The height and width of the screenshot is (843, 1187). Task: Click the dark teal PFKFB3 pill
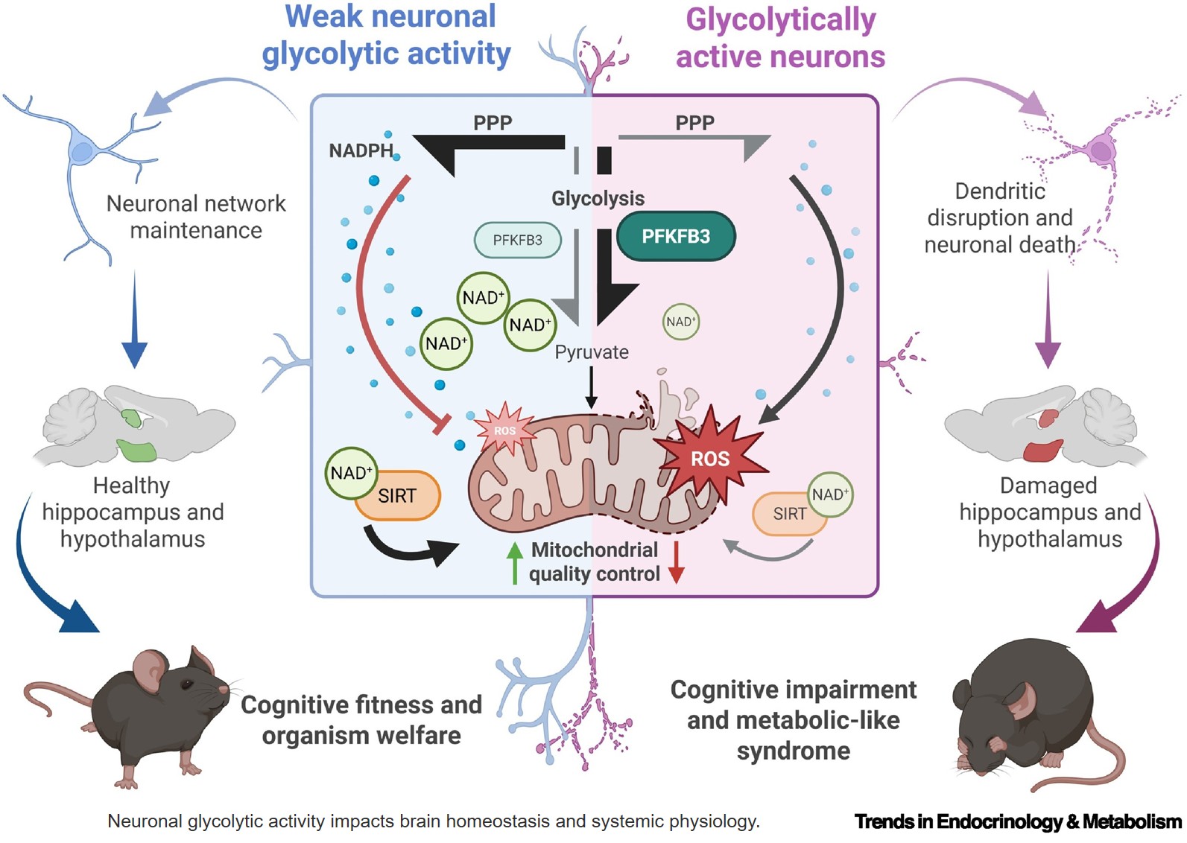(676, 237)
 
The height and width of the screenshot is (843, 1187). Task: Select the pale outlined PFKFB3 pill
(517, 241)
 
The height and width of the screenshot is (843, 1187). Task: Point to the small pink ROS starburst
(504, 430)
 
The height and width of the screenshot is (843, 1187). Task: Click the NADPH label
(361, 151)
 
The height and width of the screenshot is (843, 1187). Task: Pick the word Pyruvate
(592, 352)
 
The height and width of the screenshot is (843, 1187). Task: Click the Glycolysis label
(598, 199)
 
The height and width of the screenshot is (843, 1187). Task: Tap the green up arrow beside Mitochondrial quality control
(514, 562)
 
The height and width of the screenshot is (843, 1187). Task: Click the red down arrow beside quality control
(676, 562)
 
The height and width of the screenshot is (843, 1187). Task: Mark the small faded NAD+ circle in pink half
(680, 322)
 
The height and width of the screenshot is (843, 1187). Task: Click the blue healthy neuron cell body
(82, 152)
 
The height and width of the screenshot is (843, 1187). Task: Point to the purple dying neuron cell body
(1101, 151)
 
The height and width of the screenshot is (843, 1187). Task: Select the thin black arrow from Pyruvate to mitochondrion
(591, 387)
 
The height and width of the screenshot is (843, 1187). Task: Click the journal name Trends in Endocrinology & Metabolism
(1017, 821)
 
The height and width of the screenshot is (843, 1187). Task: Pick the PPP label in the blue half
(493, 123)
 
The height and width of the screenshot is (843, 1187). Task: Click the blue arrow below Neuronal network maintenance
(134, 320)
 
